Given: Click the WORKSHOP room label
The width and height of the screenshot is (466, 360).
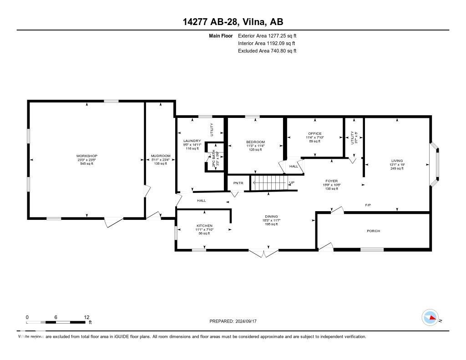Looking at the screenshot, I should pos(87,156).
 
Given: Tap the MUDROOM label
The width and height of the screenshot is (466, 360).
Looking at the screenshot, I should pos(161,156).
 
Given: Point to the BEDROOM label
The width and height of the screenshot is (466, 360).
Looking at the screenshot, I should pos(255,142).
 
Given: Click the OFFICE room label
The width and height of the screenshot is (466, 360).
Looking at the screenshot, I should pos(314,134).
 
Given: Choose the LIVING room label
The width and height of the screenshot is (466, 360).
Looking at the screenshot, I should pos(397,161).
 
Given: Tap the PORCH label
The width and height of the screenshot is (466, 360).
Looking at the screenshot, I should pos(373,231).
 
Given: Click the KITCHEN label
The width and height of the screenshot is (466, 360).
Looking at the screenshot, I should pos(204,226).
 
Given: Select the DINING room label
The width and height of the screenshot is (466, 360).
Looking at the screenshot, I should pos(272,217).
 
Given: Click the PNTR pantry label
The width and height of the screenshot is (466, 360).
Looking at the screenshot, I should pos(238,183).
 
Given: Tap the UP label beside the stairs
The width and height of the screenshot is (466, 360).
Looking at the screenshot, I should pos(292,183).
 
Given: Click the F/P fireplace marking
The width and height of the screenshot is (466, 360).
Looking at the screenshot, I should pos(368,205).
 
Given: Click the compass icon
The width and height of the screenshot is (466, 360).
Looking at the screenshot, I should pos(430,318).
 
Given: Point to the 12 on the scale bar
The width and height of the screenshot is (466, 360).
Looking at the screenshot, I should pos(86,317).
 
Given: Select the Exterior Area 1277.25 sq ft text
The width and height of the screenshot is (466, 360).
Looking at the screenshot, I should pos(267,35).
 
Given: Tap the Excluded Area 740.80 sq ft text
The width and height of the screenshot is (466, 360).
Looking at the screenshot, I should pos(267,51).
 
